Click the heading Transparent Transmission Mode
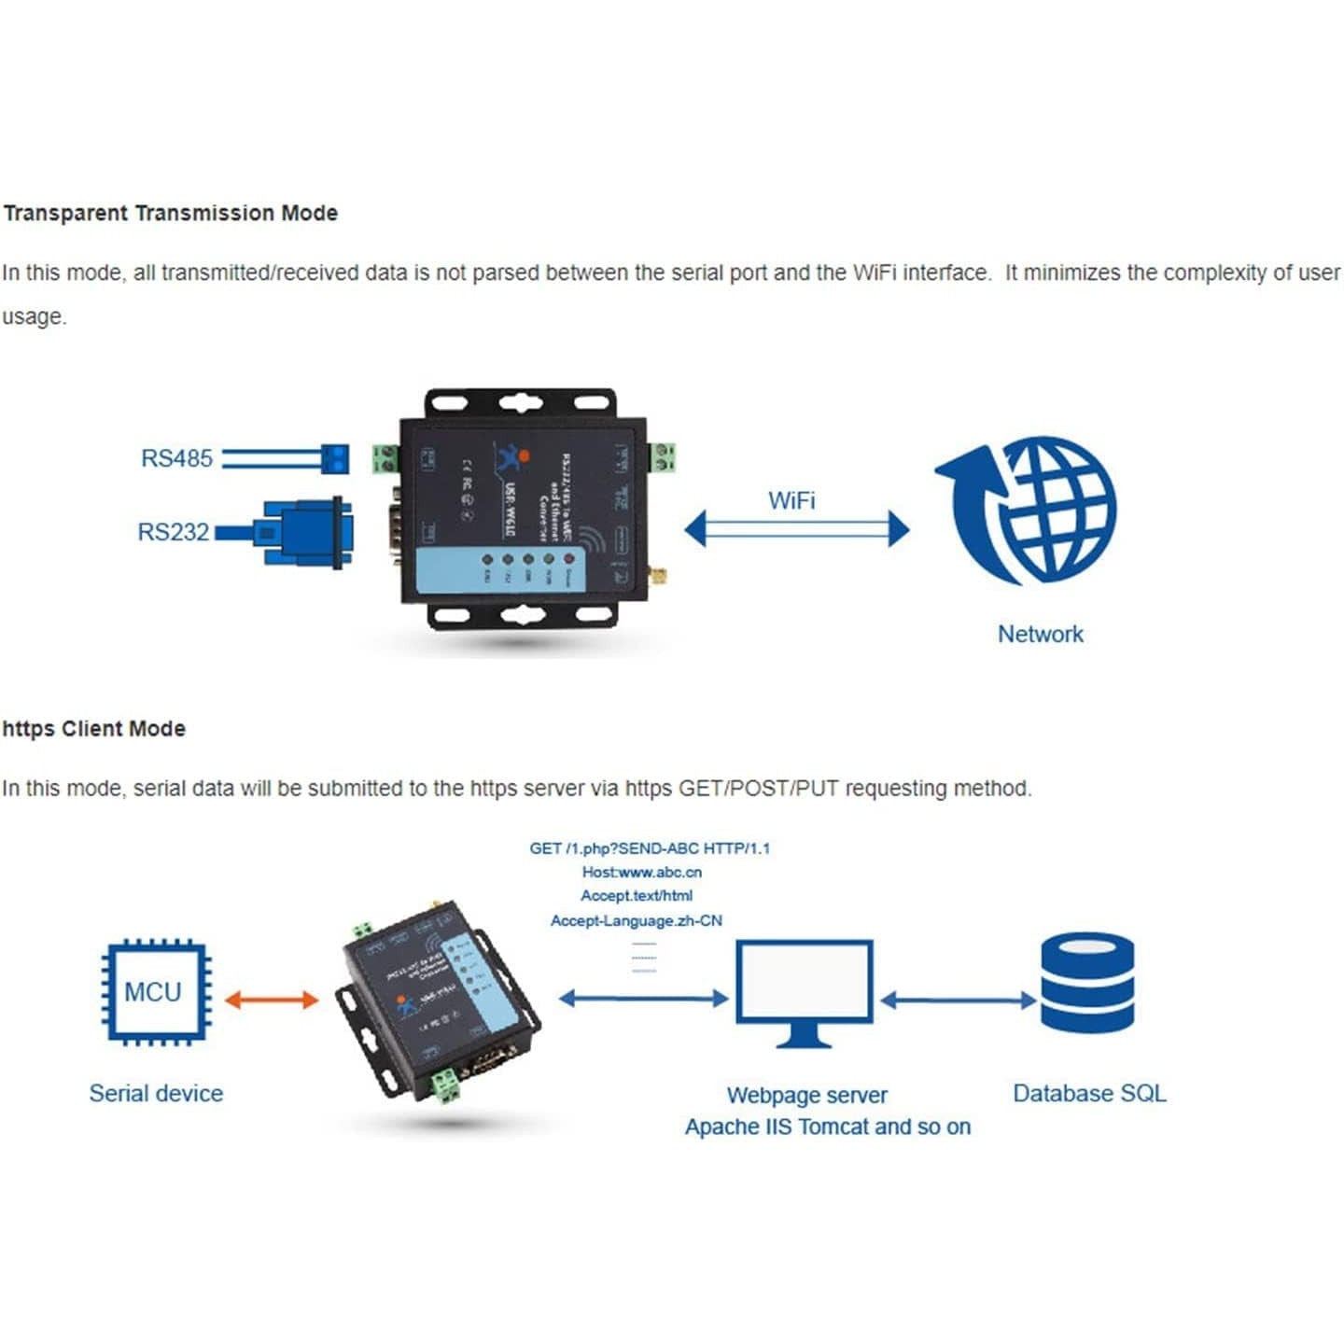(x=170, y=213)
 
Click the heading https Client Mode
(x=93, y=729)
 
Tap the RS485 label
(x=176, y=458)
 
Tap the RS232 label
(x=174, y=532)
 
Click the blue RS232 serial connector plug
(x=303, y=532)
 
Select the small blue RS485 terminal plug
(x=333, y=458)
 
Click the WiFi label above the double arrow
(x=791, y=500)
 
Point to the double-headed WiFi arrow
(x=796, y=529)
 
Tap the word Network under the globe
(x=1041, y=634)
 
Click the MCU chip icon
(x=155, y=990)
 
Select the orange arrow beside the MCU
(x=272, y=1000)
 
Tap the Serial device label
(x=156, y=1093)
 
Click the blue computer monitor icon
(x=805, y=992)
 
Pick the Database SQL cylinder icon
(x=1087, y=984)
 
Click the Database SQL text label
(x=1089, y=1093)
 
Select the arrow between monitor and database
(x=958, y=1001)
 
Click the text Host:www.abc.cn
(x=642, y=872)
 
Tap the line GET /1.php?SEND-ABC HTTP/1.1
(x=650, y=848)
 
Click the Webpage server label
(x=806, y=1095)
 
